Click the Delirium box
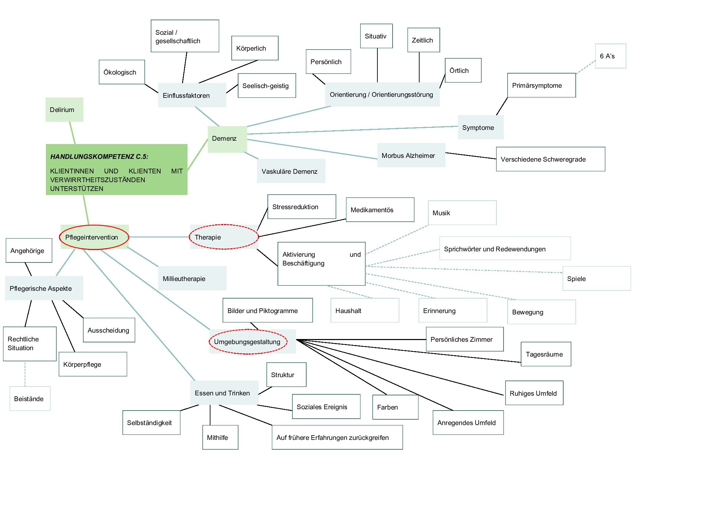pos(64,110)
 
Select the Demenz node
pos(227,139)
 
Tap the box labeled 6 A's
pos(610,56)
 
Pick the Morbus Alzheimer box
pos(411,155)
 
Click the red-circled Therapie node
pos(224,237)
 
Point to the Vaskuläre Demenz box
pos(291,171)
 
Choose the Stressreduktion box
pos(302,206)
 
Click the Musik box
pos(462,213)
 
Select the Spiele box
pos(597,278)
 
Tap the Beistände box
pos(30,398)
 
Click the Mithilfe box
pos(220,437)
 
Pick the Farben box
pos(395,407)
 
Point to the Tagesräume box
pos(546,354)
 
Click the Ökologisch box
pos(122,72)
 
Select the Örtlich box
pos(463,70)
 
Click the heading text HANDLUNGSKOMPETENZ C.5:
pos(99,157)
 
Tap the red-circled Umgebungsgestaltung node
pos(248,342)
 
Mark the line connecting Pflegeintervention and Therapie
pos(159,237)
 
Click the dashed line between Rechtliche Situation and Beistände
pos(25,374)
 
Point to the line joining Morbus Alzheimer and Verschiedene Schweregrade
pos(471,156)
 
